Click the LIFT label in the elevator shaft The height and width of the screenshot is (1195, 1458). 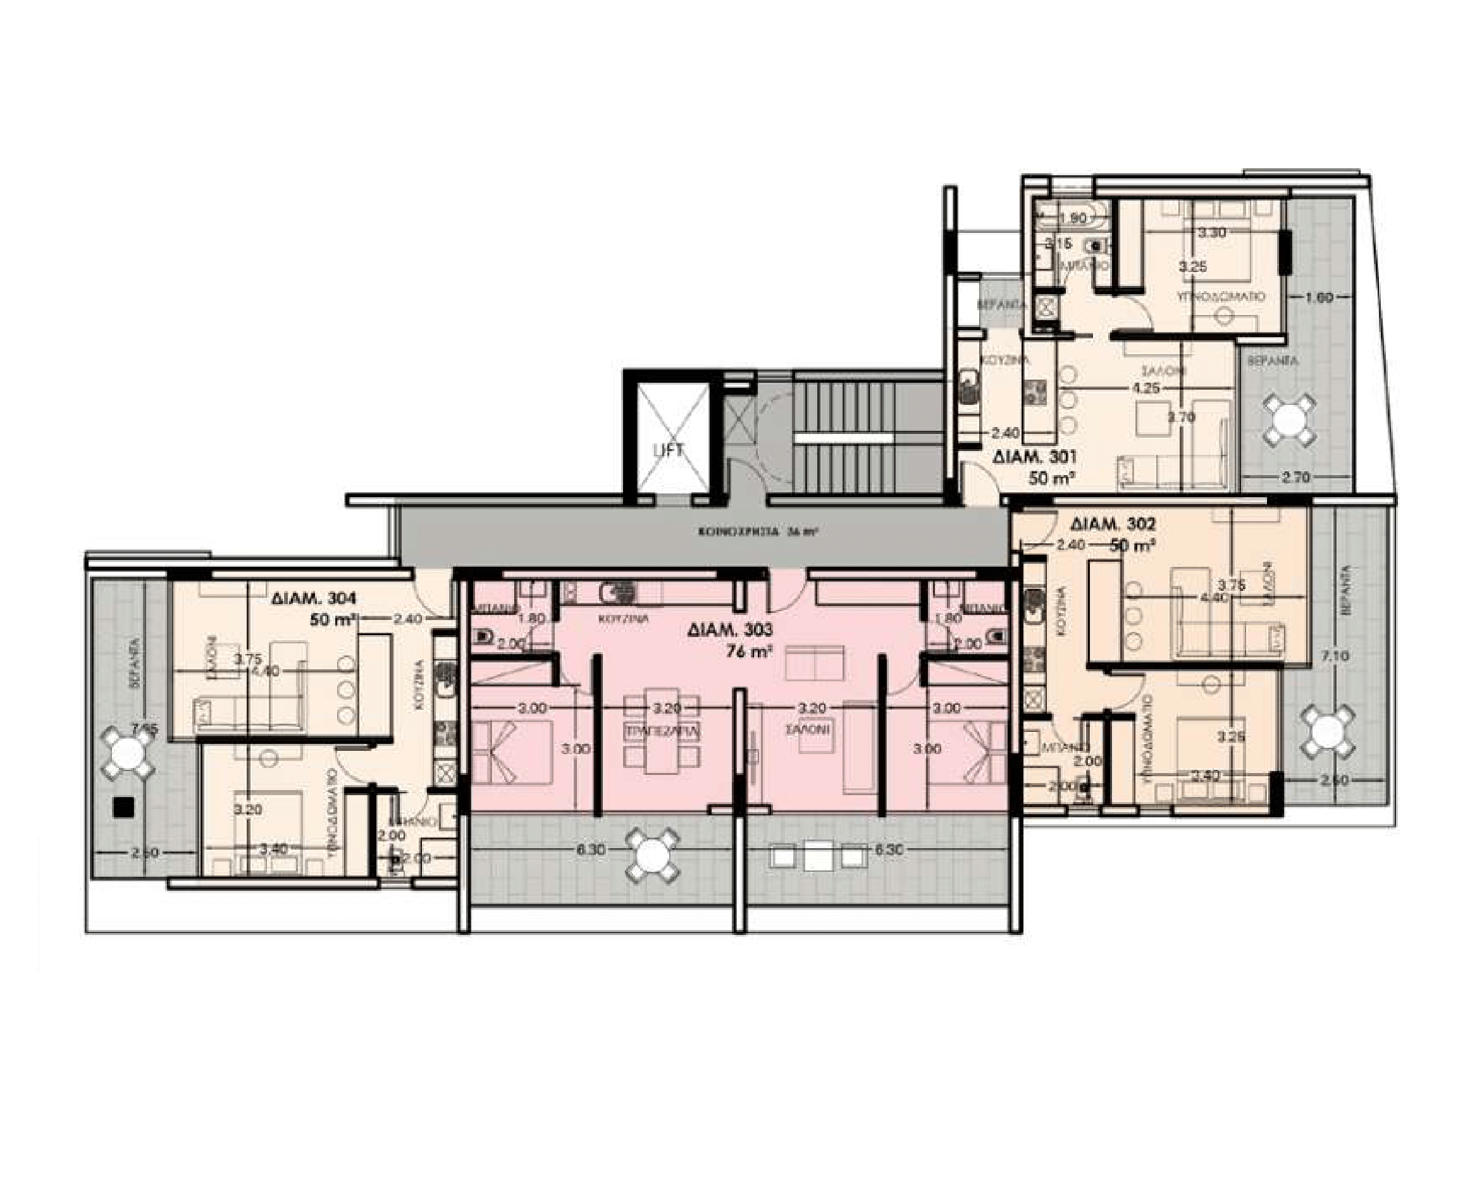[x=669, y=450]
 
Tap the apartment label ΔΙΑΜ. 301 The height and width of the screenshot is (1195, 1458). [x=1035, y=456]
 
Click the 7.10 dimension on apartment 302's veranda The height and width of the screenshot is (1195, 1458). [x=1335, y=656]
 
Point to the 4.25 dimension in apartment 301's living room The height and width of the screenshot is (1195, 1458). [x=1146, y=388]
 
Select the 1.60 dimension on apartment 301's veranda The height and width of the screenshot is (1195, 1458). [x=1319, y=298]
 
